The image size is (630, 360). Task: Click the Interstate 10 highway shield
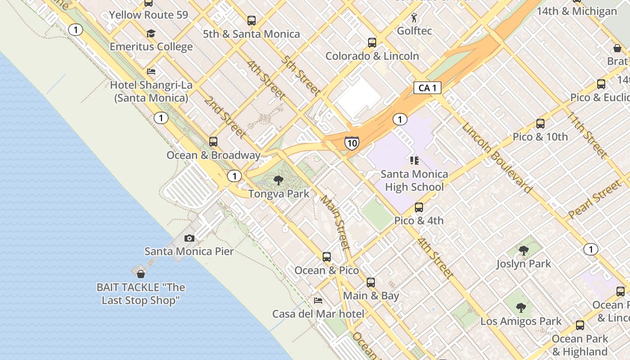[352, 143]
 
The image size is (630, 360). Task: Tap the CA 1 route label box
[427, 88]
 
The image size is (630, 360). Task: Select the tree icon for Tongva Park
[279, 181]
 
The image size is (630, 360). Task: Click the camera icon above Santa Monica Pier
[189, 238]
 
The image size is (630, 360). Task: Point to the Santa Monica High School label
[414, 180]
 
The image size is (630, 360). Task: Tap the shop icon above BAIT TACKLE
[141, 274]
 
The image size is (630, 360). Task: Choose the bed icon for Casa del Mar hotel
[318, 300]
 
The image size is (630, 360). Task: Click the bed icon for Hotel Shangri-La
[151, 72]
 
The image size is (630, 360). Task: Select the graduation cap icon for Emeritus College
[151, 34]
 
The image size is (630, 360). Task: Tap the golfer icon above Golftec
[414, 18]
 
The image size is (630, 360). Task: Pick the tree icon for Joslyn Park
[523, 251]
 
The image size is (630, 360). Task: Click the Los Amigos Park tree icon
[521, 308]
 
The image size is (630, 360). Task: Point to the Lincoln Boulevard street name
[497, 157]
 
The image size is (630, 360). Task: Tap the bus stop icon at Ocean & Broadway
[213, 142]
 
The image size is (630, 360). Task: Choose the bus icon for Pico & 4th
[419, 207]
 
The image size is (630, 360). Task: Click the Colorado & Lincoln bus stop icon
[372, 43]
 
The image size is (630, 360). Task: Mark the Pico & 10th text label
[540, 137]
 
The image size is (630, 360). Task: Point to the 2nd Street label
[225, 117]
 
